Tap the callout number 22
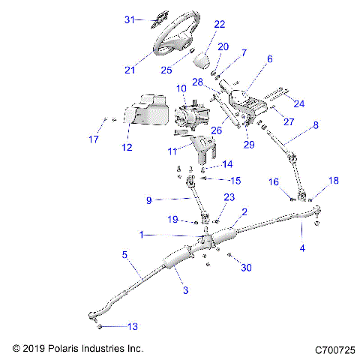(x=219, y=24)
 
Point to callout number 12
(x=126, y=147)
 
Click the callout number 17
(x=94, y=139)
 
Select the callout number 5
(x=124, y=255)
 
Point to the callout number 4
(x=302, y=247)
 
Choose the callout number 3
(x=181, y=289)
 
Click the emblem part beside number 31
(x=154, y=19)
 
